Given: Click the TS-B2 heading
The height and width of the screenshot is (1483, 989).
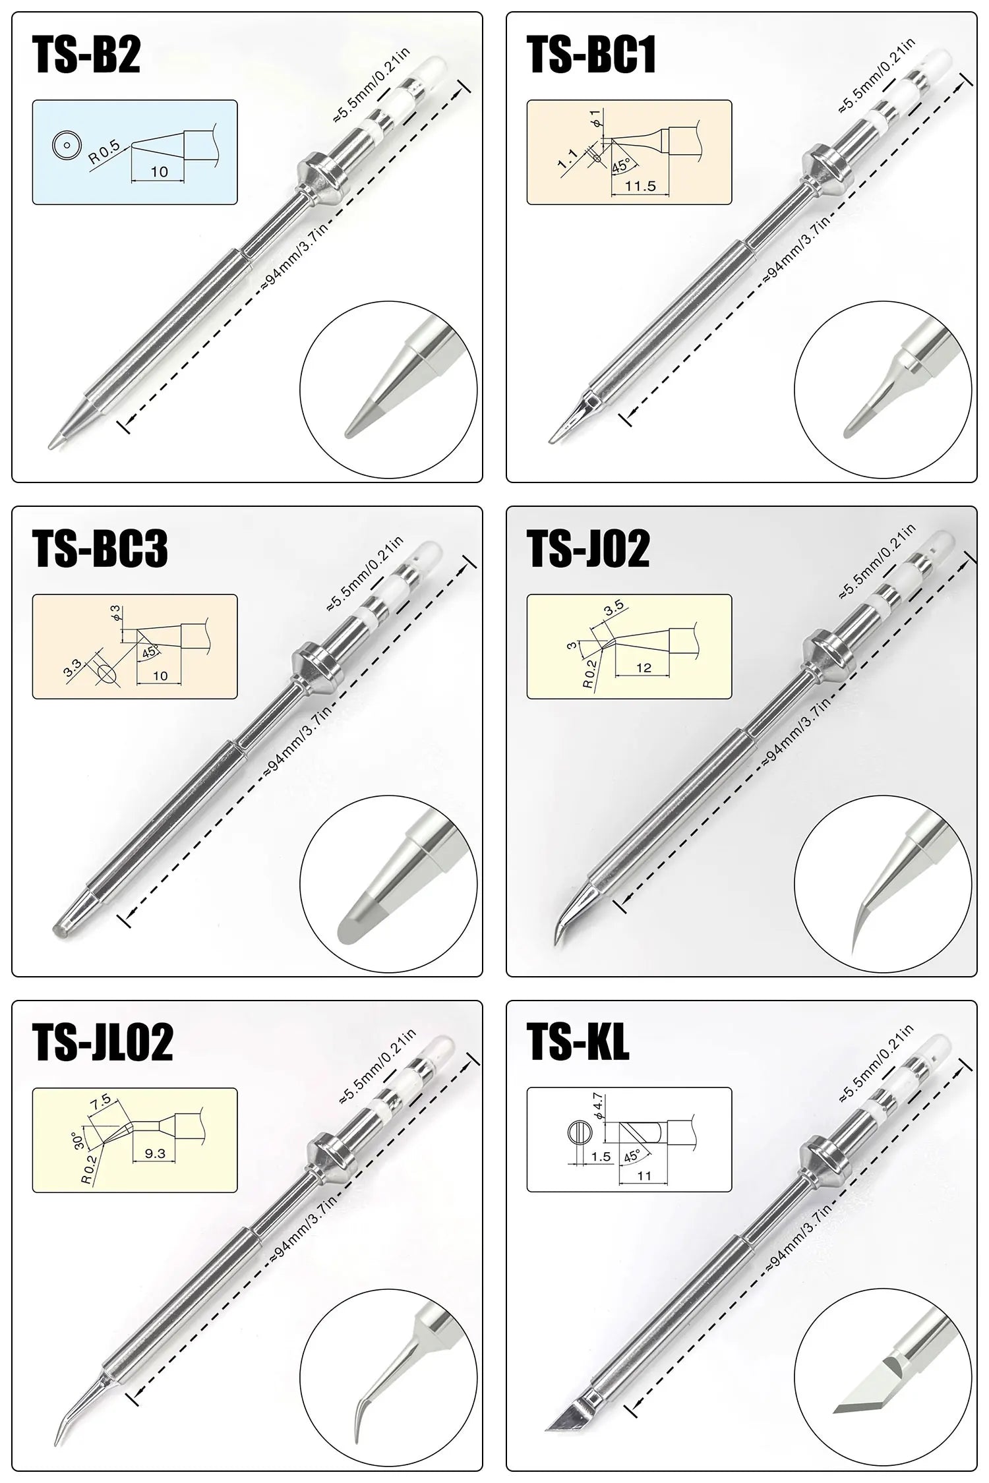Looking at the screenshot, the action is click(86, 55).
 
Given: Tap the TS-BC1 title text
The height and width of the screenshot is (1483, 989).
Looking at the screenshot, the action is click(591, 55).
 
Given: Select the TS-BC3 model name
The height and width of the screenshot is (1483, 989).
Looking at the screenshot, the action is click(100, 548).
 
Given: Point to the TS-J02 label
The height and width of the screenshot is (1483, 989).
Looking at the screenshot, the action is click(588, 548).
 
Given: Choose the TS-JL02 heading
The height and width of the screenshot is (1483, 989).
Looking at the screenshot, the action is click(102, 1042).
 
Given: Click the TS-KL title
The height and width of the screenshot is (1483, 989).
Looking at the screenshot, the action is click(578, 1042).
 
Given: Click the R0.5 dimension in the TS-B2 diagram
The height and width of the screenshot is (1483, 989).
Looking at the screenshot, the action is click(105, 152).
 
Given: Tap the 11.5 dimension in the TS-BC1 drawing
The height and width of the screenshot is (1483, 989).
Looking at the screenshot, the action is click(640, 186).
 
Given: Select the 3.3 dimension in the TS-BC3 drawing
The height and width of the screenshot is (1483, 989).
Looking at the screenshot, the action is click(73, 668).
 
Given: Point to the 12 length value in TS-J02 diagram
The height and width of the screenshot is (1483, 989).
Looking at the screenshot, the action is click(644, 668).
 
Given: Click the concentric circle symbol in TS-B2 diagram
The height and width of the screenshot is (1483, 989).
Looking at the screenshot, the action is click(65, 144).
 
